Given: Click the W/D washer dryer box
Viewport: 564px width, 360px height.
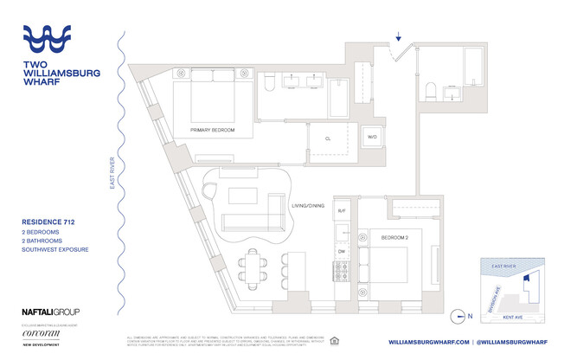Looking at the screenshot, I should coord(373,137).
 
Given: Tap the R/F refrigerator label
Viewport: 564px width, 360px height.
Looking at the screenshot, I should coord(342,211).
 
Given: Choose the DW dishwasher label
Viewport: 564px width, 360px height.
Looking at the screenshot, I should coord(342,252).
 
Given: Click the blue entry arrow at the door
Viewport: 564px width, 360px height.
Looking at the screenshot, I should coord(398,37).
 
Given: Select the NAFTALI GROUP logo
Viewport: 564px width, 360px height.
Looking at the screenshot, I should coord(50,312).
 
